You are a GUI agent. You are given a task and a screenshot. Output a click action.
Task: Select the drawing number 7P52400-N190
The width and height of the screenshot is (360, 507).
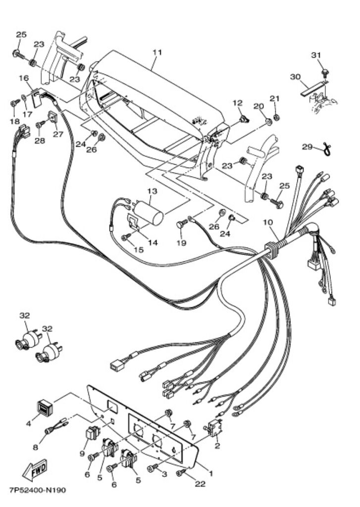coord(37,491)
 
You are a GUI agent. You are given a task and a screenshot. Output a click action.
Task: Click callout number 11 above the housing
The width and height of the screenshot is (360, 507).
coord(157,52)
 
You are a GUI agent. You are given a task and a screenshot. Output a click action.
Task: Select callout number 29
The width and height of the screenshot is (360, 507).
coord(307,147)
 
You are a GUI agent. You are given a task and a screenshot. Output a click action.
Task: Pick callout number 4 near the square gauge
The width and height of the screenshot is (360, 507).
coord(29,424)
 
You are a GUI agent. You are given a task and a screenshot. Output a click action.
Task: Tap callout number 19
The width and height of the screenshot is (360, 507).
coord(182,243)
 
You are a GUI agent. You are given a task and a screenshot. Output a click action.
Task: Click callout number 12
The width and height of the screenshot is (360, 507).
coord(238,103)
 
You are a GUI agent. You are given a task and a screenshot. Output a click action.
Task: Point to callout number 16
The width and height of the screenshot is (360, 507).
coord(23,78)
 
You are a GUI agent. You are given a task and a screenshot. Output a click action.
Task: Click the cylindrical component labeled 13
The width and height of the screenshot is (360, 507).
coord(150,212)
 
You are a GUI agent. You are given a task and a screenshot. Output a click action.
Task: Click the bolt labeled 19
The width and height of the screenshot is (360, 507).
coord(180,225)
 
